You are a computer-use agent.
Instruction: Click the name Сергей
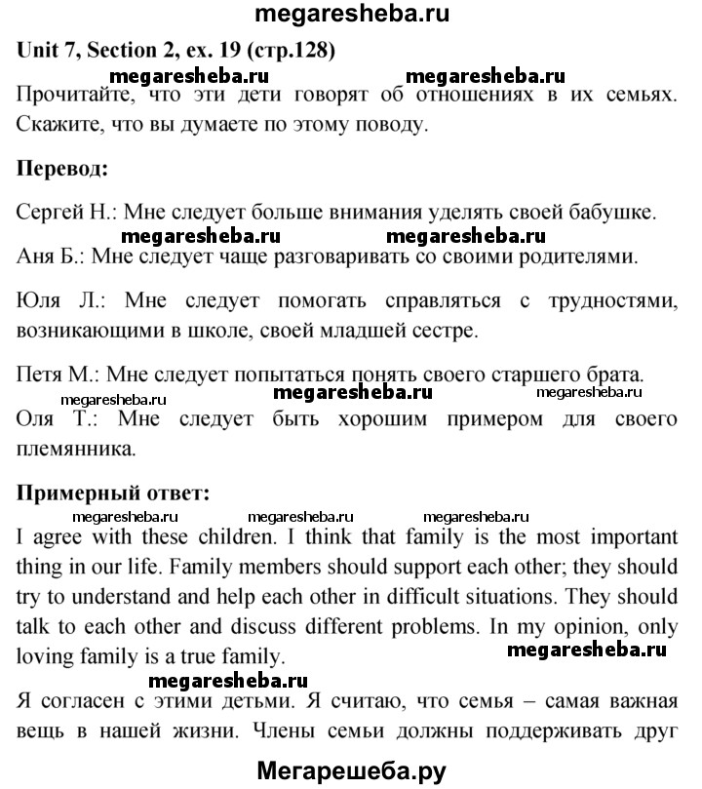click(48, 212)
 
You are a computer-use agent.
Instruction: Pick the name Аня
click(37, 257)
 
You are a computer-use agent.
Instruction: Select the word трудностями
click(600, 303)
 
